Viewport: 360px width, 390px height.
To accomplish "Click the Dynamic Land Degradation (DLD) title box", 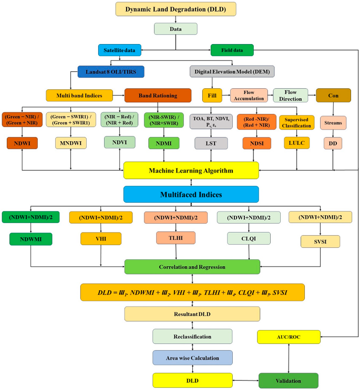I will [176, 9].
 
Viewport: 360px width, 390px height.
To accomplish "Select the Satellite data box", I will [120, 50].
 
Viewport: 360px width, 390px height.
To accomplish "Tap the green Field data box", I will [232, 50].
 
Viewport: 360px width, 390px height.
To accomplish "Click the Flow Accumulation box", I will [249, 95].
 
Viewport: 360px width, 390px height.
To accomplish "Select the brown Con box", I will [333, 95].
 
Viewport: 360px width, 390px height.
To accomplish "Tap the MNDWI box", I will [71, 143].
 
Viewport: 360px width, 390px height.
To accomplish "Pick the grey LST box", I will [210, 143].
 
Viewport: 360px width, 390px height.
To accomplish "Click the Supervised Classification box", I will [296, 122].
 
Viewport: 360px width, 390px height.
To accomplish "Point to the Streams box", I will [333, 123].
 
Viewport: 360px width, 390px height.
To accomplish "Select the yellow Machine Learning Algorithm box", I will [191, 171].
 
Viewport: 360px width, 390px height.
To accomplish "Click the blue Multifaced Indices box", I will [191, 194].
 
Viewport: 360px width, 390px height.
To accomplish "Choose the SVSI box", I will [320, 241].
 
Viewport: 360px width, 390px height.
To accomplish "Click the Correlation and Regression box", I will [192, 267].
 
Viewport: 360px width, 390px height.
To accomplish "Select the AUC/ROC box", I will [289, 337].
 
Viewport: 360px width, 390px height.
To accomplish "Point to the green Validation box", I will [288, 381].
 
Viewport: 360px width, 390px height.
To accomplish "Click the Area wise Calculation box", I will [192, 358].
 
